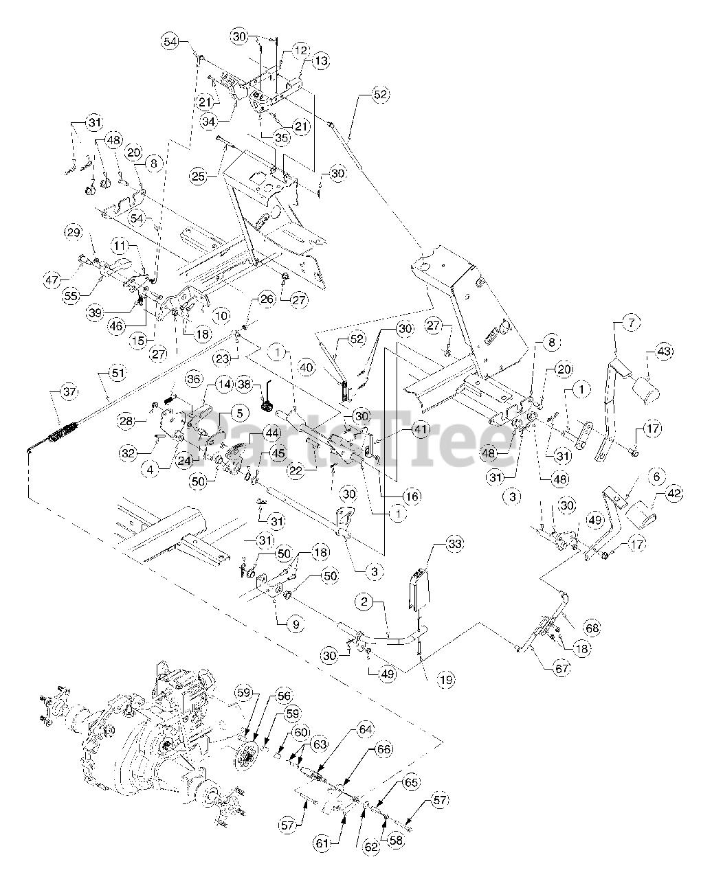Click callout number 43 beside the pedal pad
pyautogui.click(x=663, y=352)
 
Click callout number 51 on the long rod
pyautogui.click(x=118, y=374)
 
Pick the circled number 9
pyautogui.click(x=296, y=625)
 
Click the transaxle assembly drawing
pyautogui.click(x=137, y=742)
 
